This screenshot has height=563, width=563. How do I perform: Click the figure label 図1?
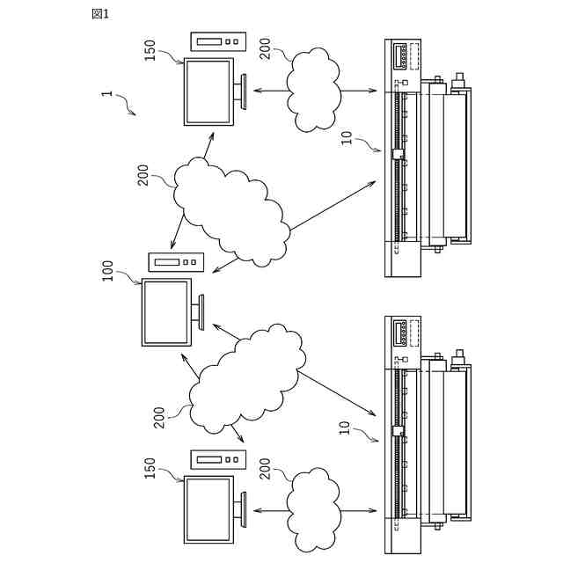pyautogui.click(x=100, y=13)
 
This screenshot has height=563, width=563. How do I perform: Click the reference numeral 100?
pyautogui.click(x=108, y=269)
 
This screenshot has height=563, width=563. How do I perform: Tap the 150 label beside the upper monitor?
pyautogui.click(x=150, y=50)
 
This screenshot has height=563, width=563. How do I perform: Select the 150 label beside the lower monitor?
pyautogui.click(x=150, y=468)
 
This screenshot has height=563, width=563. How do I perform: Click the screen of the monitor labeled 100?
pyautogui.click(x=166, y=312)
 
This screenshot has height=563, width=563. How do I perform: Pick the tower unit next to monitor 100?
pyautogui.click(x=176, y=261)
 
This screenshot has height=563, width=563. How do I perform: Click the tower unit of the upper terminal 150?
pyautogui.click(x=218, y=40)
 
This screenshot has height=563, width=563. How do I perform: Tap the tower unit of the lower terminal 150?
pyautogui.click(x=218, y=458)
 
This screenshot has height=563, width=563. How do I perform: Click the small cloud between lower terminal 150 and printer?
pyautogui.click(x=313, y=508)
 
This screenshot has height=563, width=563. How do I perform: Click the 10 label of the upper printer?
pyautogui.click(x=347, y=137)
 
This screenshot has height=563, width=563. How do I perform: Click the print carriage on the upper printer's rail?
pyautogui.click(x=398, y=155)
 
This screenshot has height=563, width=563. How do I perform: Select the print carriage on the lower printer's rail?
pyautogui.click(x=398, y=432)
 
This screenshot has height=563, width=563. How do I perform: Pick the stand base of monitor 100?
pyautogui.click(x=203, y=311)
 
